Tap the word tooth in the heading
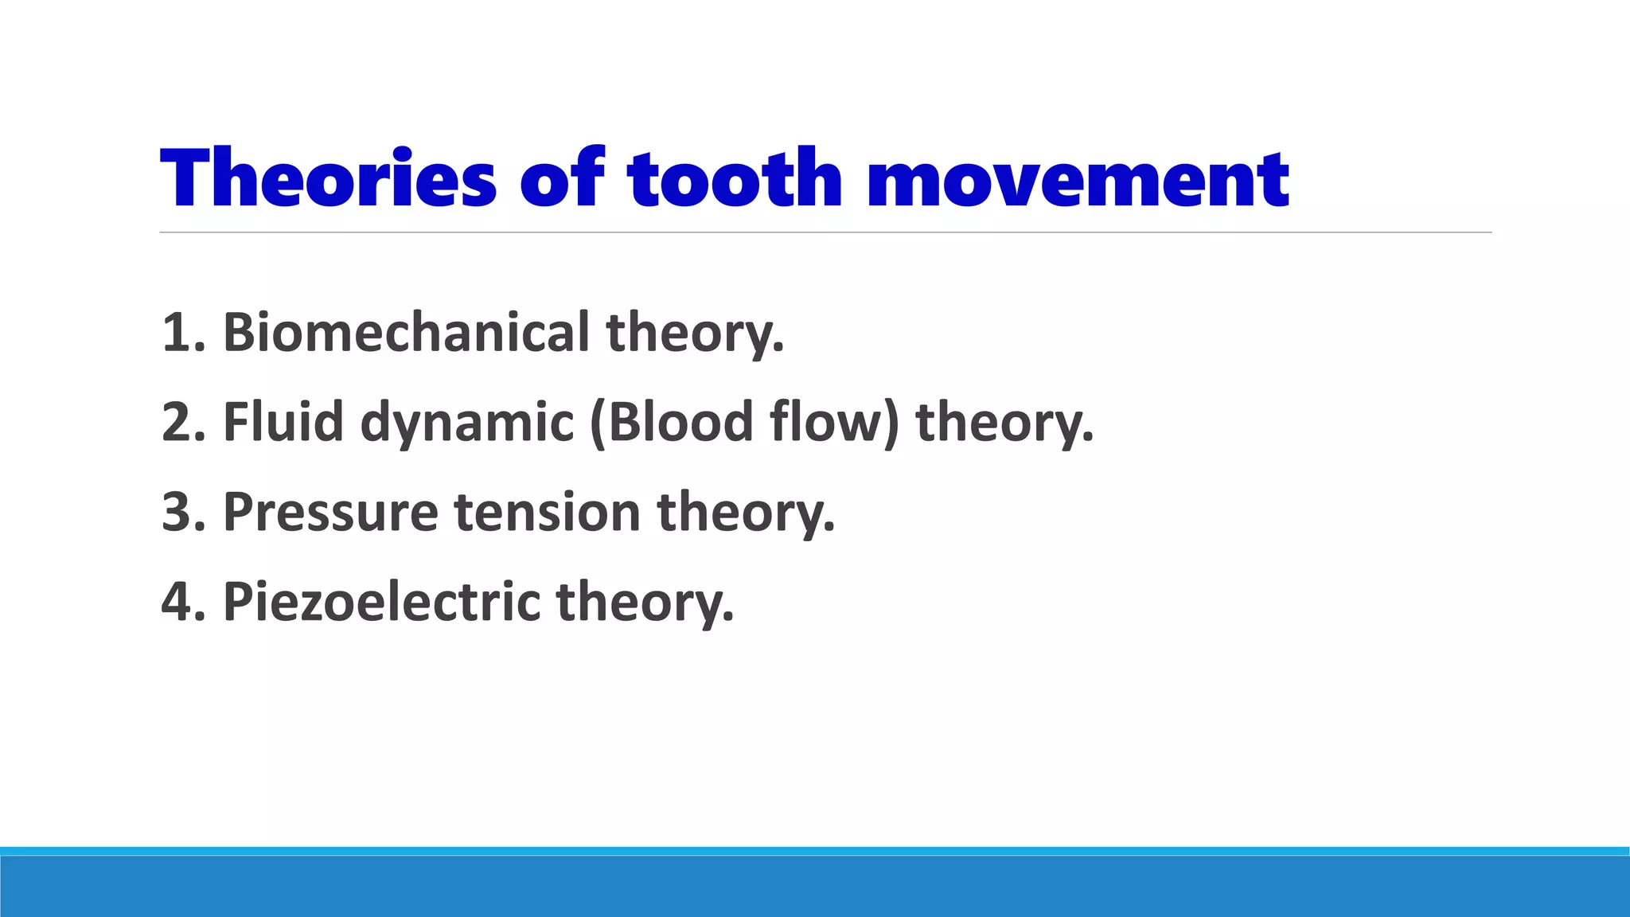tap(734, 178)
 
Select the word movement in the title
tap(1078, 178)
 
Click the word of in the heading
tap(562, 178)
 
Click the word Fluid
tap(283, 422)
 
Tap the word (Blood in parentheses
tap(672, 422)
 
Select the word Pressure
tap(330, 512)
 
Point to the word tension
tap(548, 512)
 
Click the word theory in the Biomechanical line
tap(695, 334)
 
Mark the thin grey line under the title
tap(825, 232)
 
